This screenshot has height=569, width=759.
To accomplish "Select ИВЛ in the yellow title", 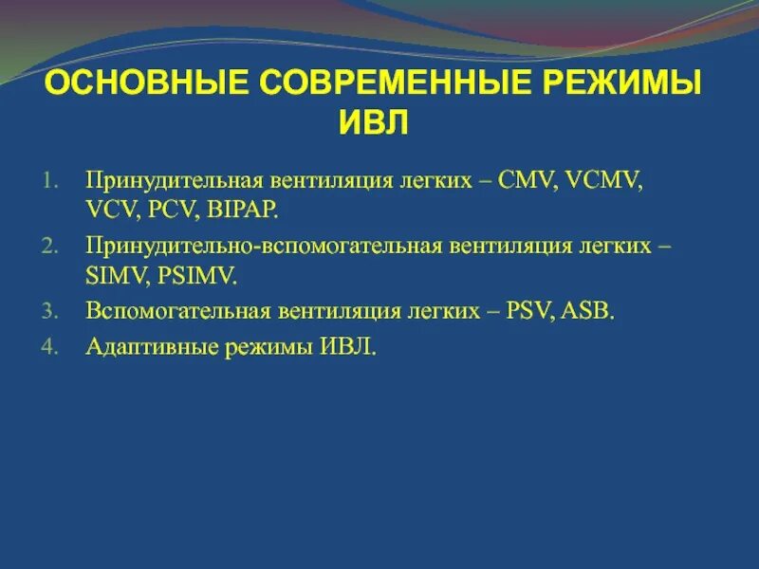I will pos(378,123).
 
